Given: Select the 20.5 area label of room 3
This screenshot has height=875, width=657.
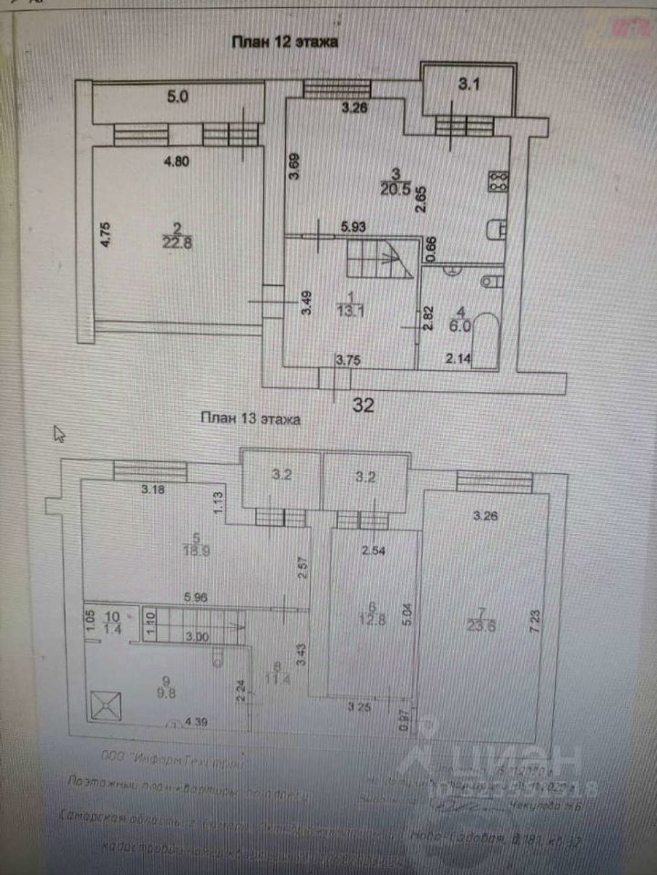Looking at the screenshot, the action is pyautogui.click(x=396, y=187).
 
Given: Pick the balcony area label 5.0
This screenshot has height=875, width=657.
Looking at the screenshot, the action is pyautogui.click(x=177, y=96).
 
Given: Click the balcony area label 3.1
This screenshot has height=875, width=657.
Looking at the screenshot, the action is pyautogui.click(x=468, y=86).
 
